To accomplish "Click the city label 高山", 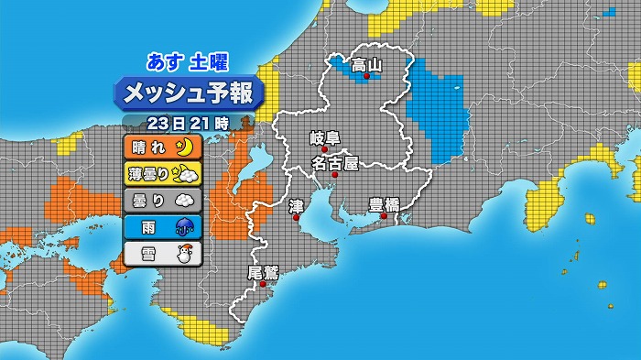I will pyautogui.click(x=366, y=64).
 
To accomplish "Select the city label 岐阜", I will pyautogui.click(x=324, y=138).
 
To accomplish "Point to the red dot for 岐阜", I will pyautogui.click(x=324, y=150).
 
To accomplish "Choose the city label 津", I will pyautogui.click(x=295, y=206).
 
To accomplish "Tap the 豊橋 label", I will pyautogui.click(x=384, y=204).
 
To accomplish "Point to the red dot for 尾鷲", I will pyautogui.click(x=263, y=284).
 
